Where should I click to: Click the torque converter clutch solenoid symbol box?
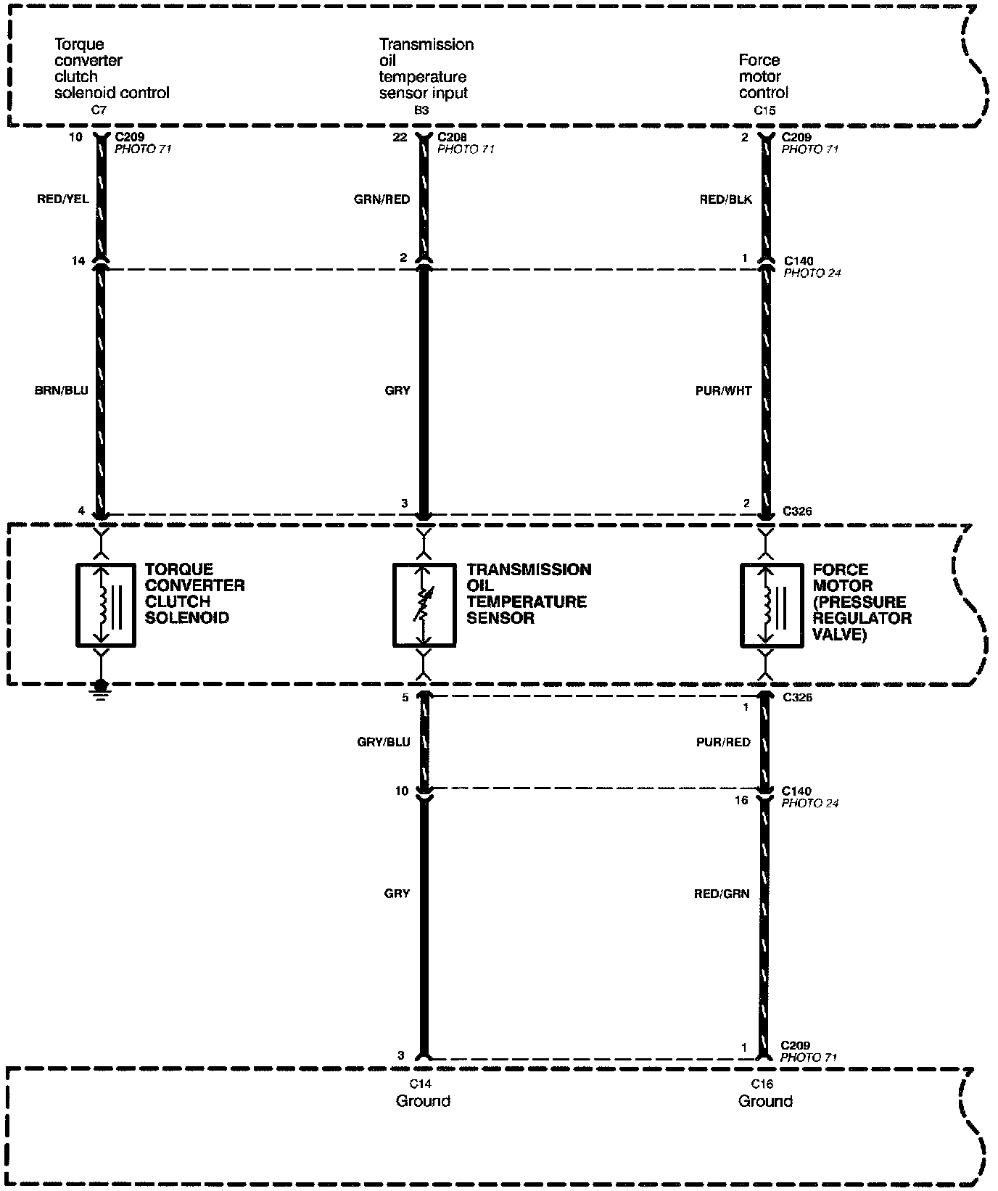[105, 604]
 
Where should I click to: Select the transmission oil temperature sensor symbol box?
[424, 604]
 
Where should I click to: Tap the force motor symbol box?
[770, 604]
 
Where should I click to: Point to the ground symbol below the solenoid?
[102, 687]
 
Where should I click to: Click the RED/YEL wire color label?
[63, 199]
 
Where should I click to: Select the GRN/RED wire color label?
[382, 199]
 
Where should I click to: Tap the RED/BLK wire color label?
[726, 199]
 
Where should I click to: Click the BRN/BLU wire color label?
[62, 390]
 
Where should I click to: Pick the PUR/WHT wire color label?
[724, 390]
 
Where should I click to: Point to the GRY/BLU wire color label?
[384, 742]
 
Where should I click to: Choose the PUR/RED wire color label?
[724, 742]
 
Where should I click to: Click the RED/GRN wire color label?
[722, 894]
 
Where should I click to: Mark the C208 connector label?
[453, 137]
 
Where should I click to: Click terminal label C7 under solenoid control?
[99, 110]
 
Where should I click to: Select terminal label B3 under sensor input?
[421, 110]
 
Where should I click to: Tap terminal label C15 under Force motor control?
[765, 110]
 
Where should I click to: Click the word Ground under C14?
[423, 1101]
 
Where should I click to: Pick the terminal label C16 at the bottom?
[762, 1084]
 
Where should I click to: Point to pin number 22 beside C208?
[400, 137]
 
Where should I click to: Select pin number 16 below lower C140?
[741, 800]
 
